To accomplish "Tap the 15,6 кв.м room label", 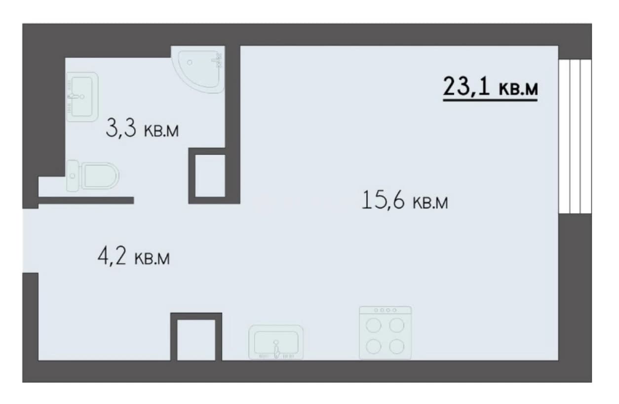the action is tap(405, 200).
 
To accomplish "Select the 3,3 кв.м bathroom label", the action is tap(142, 128).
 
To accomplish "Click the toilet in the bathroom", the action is tap(93, 176).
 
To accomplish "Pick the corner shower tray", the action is tap(198, 69).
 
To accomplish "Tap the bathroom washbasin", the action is tap(82, 97).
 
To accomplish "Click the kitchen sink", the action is tap(276, 342).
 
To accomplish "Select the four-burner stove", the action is tap(385, 333).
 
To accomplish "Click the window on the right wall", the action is tap(575, 137).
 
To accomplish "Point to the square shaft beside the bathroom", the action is tap(210, 176).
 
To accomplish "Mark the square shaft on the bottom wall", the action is tap(196, 337).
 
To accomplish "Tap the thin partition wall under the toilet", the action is tap(86, 200).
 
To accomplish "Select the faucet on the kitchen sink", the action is tap(276, 350).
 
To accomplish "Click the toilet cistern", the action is tap(73, 176).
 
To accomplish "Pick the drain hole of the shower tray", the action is tap(190, 63).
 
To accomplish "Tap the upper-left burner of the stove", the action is tap(373, 325).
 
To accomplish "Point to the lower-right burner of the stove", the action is tap(397, 346).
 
